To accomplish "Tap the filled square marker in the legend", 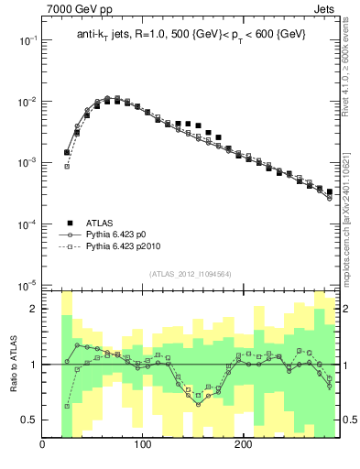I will point(69,223).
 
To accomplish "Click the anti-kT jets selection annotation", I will point(191,34).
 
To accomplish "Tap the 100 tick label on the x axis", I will point(143,446).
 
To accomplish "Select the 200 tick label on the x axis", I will point(243,446).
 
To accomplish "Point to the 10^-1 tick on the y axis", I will point(30,40).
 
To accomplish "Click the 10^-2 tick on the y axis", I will point(30,102).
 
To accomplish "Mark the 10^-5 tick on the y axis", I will point(30,285).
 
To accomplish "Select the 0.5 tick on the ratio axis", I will point(30,420).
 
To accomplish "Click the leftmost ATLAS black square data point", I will point(67,152).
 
